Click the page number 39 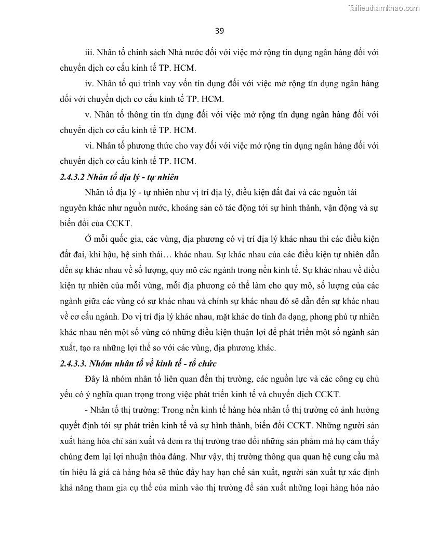(x=219, y=31)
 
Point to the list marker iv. (x=89, y=84)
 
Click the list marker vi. (x=89, y=146)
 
